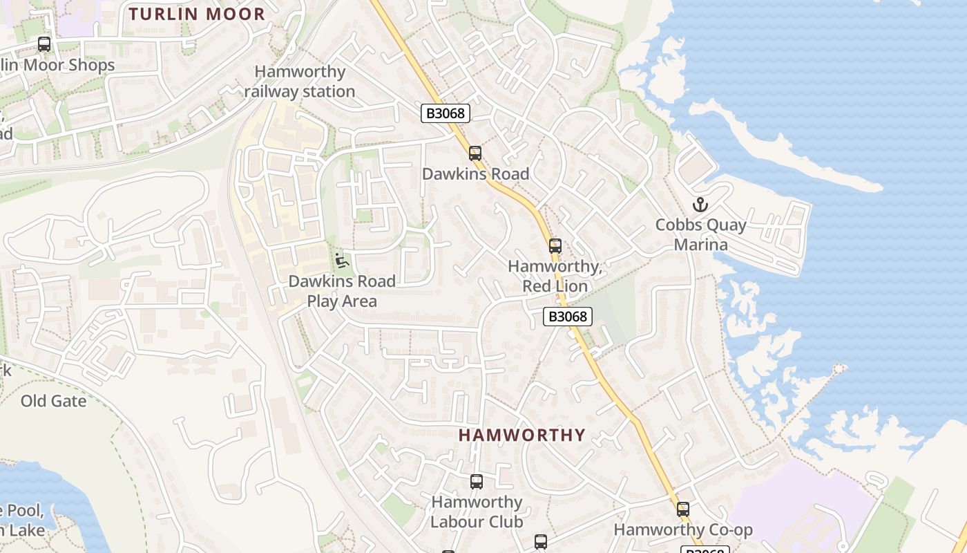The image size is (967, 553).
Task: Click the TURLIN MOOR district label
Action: pos(197,14)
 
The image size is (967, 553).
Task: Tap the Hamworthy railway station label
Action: pos(300,82)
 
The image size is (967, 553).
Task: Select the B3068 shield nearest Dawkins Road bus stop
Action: pos(446,113)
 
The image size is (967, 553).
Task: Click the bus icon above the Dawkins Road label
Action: pos(475,153)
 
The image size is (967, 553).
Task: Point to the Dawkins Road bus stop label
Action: pos(475,174)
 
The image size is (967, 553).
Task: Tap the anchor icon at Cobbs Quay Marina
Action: pos(700,205)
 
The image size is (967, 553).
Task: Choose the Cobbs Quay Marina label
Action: pos(700,235)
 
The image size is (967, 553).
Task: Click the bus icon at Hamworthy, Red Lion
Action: pos(555,245)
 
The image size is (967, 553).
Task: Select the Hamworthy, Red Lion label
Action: pos(555,276)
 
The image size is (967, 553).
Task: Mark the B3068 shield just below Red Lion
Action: pos(568,317)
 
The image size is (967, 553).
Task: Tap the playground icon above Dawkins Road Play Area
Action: pos(341,261)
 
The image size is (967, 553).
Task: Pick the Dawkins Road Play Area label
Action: pos(342,291)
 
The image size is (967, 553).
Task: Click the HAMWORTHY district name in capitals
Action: pos(521,435)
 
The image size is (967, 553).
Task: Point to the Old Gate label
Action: pos(53,401)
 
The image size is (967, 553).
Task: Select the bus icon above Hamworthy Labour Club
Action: pos(476,481)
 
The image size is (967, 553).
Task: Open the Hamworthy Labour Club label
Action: pos(477,512)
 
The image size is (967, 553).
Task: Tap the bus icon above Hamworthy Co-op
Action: pos(682,509)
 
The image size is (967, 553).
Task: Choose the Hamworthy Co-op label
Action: pos(683,530)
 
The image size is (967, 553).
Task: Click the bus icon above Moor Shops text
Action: pos(44,44)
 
